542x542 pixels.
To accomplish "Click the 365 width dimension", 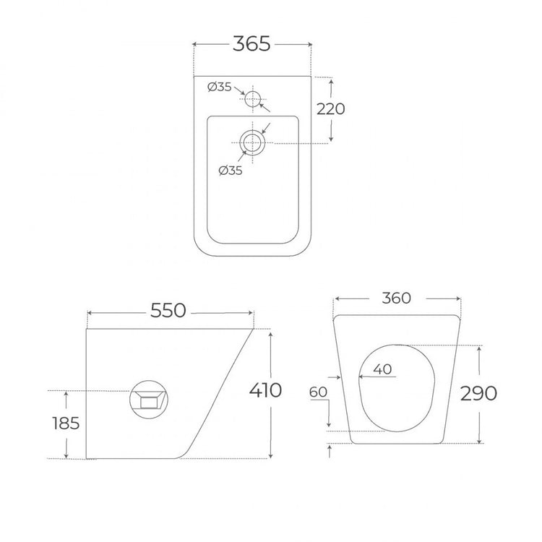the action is pos(251,44).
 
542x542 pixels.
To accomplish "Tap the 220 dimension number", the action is pos(331,109).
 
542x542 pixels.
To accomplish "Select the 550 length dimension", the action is pos(168,311).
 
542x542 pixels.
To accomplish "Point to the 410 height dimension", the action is pos(265,390).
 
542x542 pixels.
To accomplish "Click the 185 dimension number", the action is pos(66,423).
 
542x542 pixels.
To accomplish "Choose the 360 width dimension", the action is pos(397,298).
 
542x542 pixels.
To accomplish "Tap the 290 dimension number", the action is pos(478,393).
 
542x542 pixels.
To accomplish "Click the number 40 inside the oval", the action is pos(382,369).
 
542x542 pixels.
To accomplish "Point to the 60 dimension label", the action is pos(318,392).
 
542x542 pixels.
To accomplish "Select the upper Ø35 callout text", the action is pos(220,87).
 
